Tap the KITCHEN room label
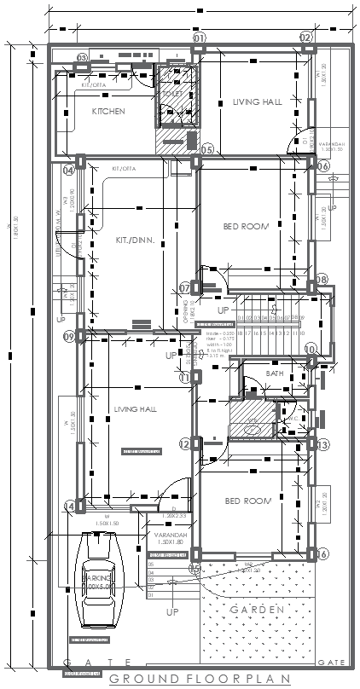click(x=108, y=112)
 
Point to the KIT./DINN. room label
click(x=134, y=241)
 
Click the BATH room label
click(x=275, y=373)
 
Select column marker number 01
click(x=199, y=38)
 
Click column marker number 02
click(x=306, y=38)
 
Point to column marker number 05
click(x=206, y=151)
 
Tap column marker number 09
click(x=69, y=337)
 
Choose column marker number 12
click(x=185, y=443)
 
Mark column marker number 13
click(x=323, y=445)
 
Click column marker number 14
click(x=69, y=507)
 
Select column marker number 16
click(x=323, y=554)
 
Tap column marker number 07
click(x=184, y=287)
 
